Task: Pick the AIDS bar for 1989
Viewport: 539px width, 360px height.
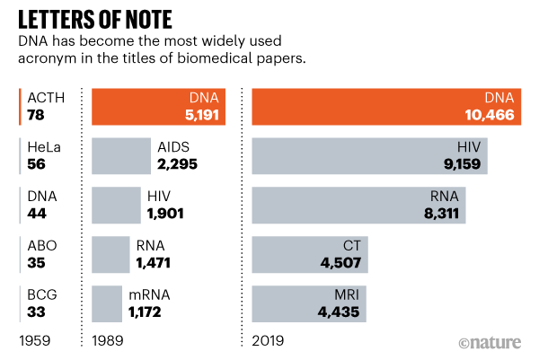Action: [x=120, y=155]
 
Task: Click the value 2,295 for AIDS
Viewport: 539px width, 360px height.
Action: [x=177, y=164]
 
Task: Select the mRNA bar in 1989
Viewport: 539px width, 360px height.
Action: [x=107, y=303]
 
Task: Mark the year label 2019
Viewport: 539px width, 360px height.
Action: [x=269, y=342]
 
